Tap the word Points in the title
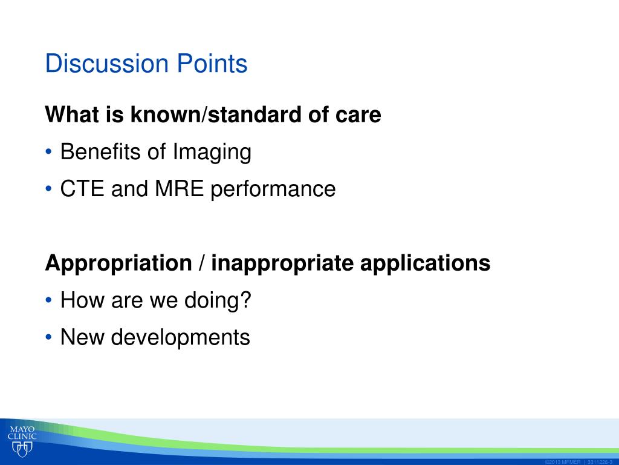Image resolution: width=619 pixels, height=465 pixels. coord(212,63)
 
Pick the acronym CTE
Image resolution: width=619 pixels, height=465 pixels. coord(82,189)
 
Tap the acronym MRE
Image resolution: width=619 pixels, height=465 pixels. coord(179,189)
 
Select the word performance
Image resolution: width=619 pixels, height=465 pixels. coord(273,190)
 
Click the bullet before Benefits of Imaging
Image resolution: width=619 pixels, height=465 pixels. coord(48,152)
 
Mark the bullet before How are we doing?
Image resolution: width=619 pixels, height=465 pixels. coord(48,300)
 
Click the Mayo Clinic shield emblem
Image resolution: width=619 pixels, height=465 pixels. coord(22,449)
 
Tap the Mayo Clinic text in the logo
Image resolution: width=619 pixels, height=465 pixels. coord(22,433)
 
